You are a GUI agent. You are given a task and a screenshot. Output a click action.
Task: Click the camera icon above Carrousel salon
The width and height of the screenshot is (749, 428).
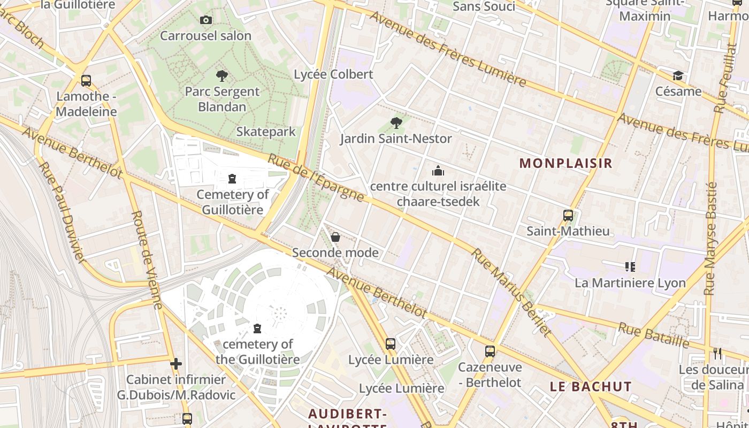[205, 20]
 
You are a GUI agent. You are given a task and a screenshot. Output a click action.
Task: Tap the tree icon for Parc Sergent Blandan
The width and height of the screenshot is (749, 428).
[221, 76]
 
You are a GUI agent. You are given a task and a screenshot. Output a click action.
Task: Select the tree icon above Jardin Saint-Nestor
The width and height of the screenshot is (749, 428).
[396, 123]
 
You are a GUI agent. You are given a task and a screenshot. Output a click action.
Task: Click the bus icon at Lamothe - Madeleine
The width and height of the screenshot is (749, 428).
[86, 81]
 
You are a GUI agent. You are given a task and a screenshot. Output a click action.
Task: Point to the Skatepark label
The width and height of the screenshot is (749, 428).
[266, 132]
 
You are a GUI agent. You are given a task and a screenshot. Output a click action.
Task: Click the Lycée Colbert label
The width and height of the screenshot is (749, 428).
[333, 74]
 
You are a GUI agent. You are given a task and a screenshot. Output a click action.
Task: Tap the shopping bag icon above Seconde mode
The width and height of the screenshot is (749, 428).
[335, 237]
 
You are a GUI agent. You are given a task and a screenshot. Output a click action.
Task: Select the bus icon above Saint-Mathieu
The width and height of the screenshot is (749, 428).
[568, 216]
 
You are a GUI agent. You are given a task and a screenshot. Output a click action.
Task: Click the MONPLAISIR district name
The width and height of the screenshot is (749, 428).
[565, 163]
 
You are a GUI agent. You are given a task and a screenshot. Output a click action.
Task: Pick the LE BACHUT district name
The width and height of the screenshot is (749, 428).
[591, 386]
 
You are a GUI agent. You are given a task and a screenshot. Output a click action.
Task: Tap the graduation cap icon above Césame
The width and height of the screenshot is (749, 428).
[678, 75]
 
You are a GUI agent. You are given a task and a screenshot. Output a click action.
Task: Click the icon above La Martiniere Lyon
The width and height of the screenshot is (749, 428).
[630, 266]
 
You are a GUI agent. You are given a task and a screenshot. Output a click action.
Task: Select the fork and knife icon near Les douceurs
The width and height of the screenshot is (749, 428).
[717, 353]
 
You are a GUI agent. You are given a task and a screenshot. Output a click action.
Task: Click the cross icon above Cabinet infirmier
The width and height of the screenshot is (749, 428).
[176, 364]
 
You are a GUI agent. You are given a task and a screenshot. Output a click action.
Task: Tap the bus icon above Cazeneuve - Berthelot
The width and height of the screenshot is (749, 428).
[490, 351]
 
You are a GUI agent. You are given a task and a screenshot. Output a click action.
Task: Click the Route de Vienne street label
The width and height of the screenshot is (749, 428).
[147, 260]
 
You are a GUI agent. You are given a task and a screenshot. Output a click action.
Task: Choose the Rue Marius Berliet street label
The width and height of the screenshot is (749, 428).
[511, 292]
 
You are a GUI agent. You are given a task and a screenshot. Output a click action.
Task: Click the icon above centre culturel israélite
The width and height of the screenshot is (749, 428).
[438, 171]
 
